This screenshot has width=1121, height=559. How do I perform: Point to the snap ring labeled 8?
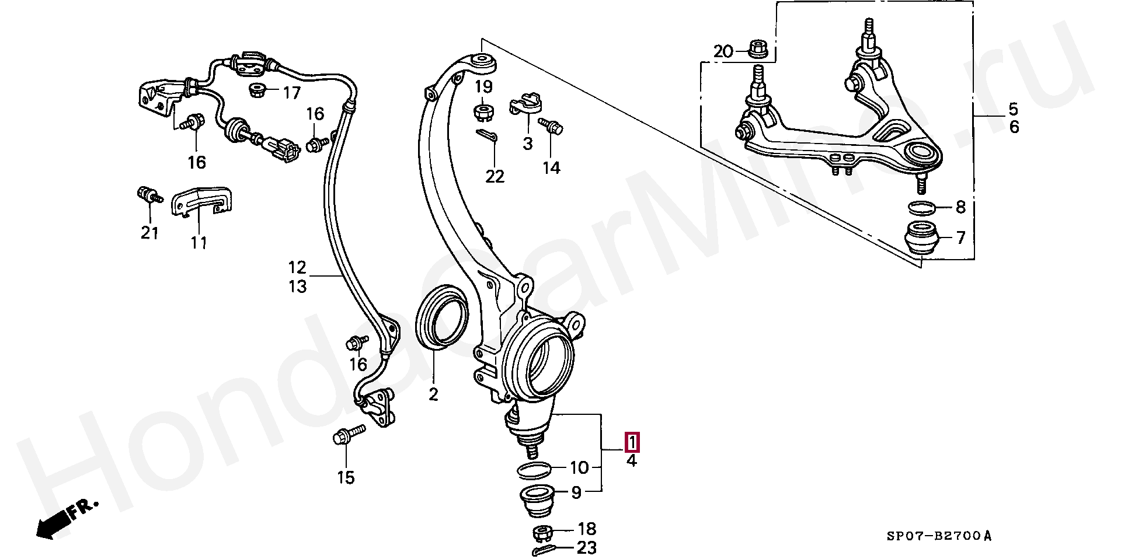[922, 207]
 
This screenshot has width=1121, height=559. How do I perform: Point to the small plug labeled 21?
[148, 195]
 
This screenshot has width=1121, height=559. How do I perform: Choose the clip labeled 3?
[527, 104]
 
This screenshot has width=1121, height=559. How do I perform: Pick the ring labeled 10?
[534, 469]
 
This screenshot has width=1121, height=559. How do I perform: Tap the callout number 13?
[297, 287]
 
